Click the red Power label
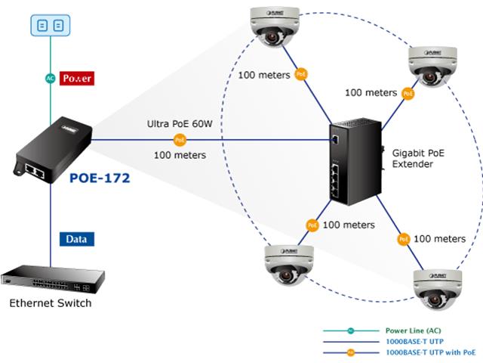point(77,78)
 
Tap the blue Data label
point(76,239)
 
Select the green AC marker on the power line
point(51,78)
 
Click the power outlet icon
point(51,26)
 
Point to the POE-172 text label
point(100,178)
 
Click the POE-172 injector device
point(49,152)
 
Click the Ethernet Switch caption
point(51,302)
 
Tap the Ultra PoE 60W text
point(179,123)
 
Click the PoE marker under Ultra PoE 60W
point(180,140)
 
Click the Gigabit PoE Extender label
point(419,157)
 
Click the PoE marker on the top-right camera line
point(408,94)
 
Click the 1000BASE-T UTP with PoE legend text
point(430,352)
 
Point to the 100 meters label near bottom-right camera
point(440,239)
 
